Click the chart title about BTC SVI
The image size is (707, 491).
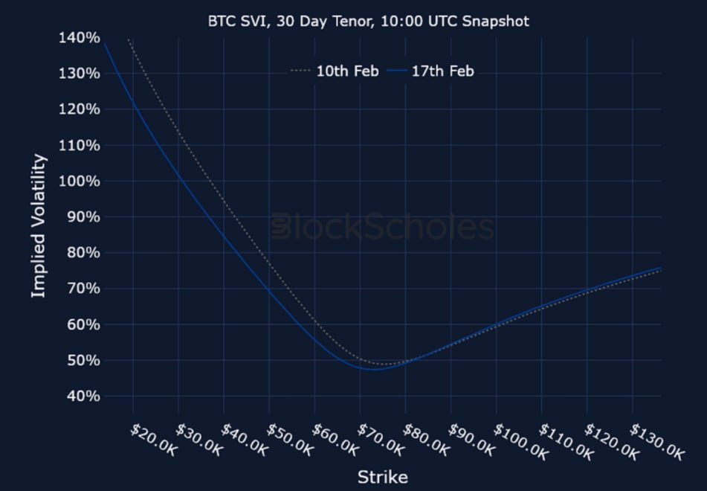(x=368, y=21)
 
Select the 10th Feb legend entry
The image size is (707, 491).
(x=335, y=71)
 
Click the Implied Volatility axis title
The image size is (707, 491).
(x=39, y=226)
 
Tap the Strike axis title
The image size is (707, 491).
(x=382, y=477)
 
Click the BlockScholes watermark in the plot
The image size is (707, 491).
(x=382, y=227)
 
